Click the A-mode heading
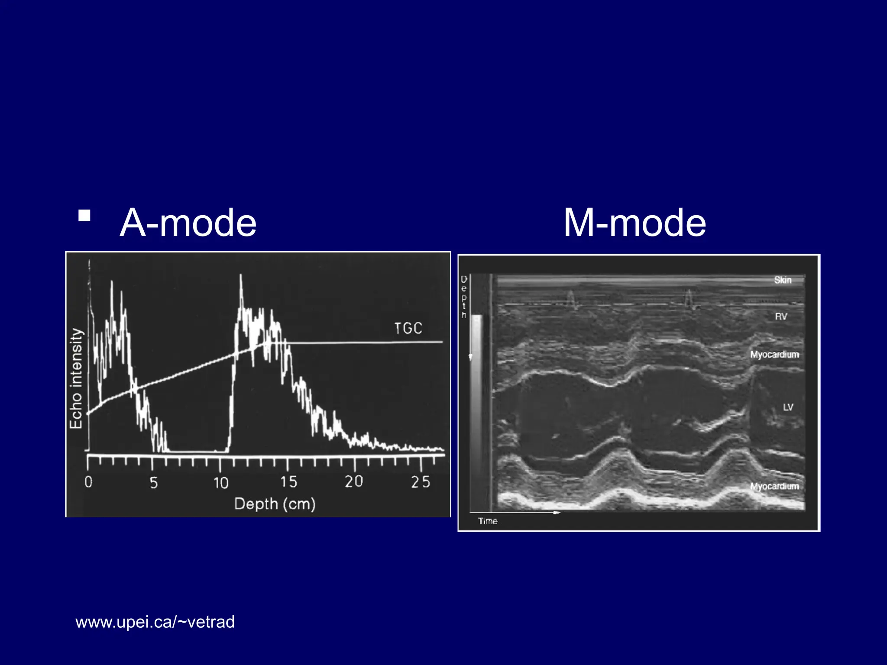click(188, 223)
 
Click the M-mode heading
click(634, 223)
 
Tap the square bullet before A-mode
click(84, 216)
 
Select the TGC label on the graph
click(408, 329)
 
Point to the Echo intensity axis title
click(76, 378)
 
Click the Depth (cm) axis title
click(275, 504)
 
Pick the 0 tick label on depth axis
click(88, 482)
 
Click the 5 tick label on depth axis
click(154, 482)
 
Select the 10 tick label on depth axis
click(221, 482)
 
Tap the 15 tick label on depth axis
click(288, 482)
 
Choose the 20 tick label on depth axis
click(354, 481)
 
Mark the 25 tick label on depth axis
click(421, 482)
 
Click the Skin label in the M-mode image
click(783, 280)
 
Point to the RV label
click(781, 316)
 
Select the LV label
click(788, 407)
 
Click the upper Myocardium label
click(774, 355)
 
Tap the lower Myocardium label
click(774, 486)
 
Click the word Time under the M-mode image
click(488, 521)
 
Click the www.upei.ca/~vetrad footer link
click(155, 622)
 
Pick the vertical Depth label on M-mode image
click(464, 297)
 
